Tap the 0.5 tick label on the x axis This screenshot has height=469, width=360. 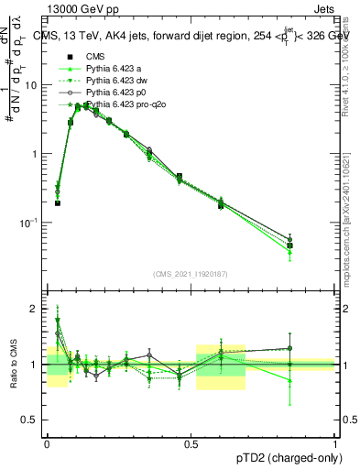click(x=191, y=442)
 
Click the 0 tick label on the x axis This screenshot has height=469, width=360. click(x=47, y=442)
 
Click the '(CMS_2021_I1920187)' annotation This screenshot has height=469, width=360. click(x=191, y=273)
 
